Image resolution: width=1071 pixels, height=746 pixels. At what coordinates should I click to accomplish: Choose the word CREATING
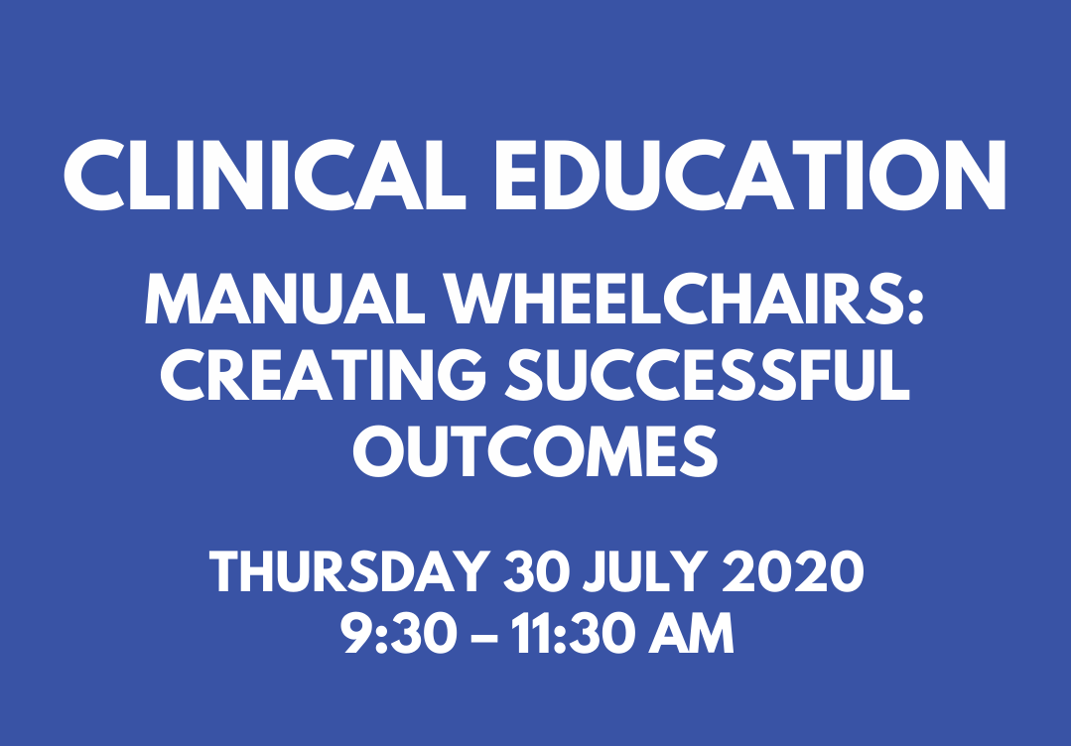[x=323, y=375]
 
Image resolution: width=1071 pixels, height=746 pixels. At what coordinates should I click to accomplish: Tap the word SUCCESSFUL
[x=709, y=375]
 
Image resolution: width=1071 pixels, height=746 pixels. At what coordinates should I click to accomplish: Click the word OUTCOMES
[x=536, y=451]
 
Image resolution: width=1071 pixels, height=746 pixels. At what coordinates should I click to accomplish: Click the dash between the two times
[x=484, y=637]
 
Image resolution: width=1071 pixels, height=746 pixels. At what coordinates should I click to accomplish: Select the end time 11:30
[x=572, y=633]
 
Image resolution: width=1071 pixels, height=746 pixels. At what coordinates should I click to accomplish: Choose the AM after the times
[x=690, y=633]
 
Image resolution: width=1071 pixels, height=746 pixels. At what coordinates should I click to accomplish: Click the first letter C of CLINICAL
[x=94, y=176]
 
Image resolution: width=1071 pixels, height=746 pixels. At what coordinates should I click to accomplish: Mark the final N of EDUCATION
[x=973, y=176]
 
